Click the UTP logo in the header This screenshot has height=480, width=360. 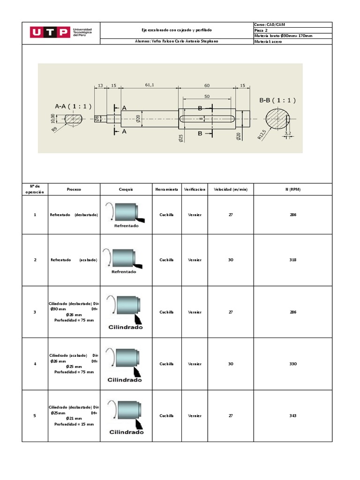coord(61,32)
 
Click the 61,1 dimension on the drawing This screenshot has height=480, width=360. coord(150,85)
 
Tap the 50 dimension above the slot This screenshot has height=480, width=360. coord(207,96)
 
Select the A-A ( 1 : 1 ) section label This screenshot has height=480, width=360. coord(73,106)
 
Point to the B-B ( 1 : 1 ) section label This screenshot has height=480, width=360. coord(277,100)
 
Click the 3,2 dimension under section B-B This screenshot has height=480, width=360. coord(288,134)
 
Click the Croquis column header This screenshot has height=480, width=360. coord(126,189)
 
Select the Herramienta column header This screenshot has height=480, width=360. coord(166,189)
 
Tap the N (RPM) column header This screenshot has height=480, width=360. coord(293,189)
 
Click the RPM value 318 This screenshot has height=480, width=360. coord(293,260)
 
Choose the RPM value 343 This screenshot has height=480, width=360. coord(293,416)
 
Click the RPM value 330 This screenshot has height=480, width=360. coord(293,364)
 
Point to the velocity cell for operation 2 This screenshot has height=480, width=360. coord(230,260)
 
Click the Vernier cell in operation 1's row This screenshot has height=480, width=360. coord(195,215)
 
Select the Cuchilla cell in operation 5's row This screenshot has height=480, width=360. coord(166,416)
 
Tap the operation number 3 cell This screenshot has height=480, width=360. coord(35,312)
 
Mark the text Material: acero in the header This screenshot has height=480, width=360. coord(268,42)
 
